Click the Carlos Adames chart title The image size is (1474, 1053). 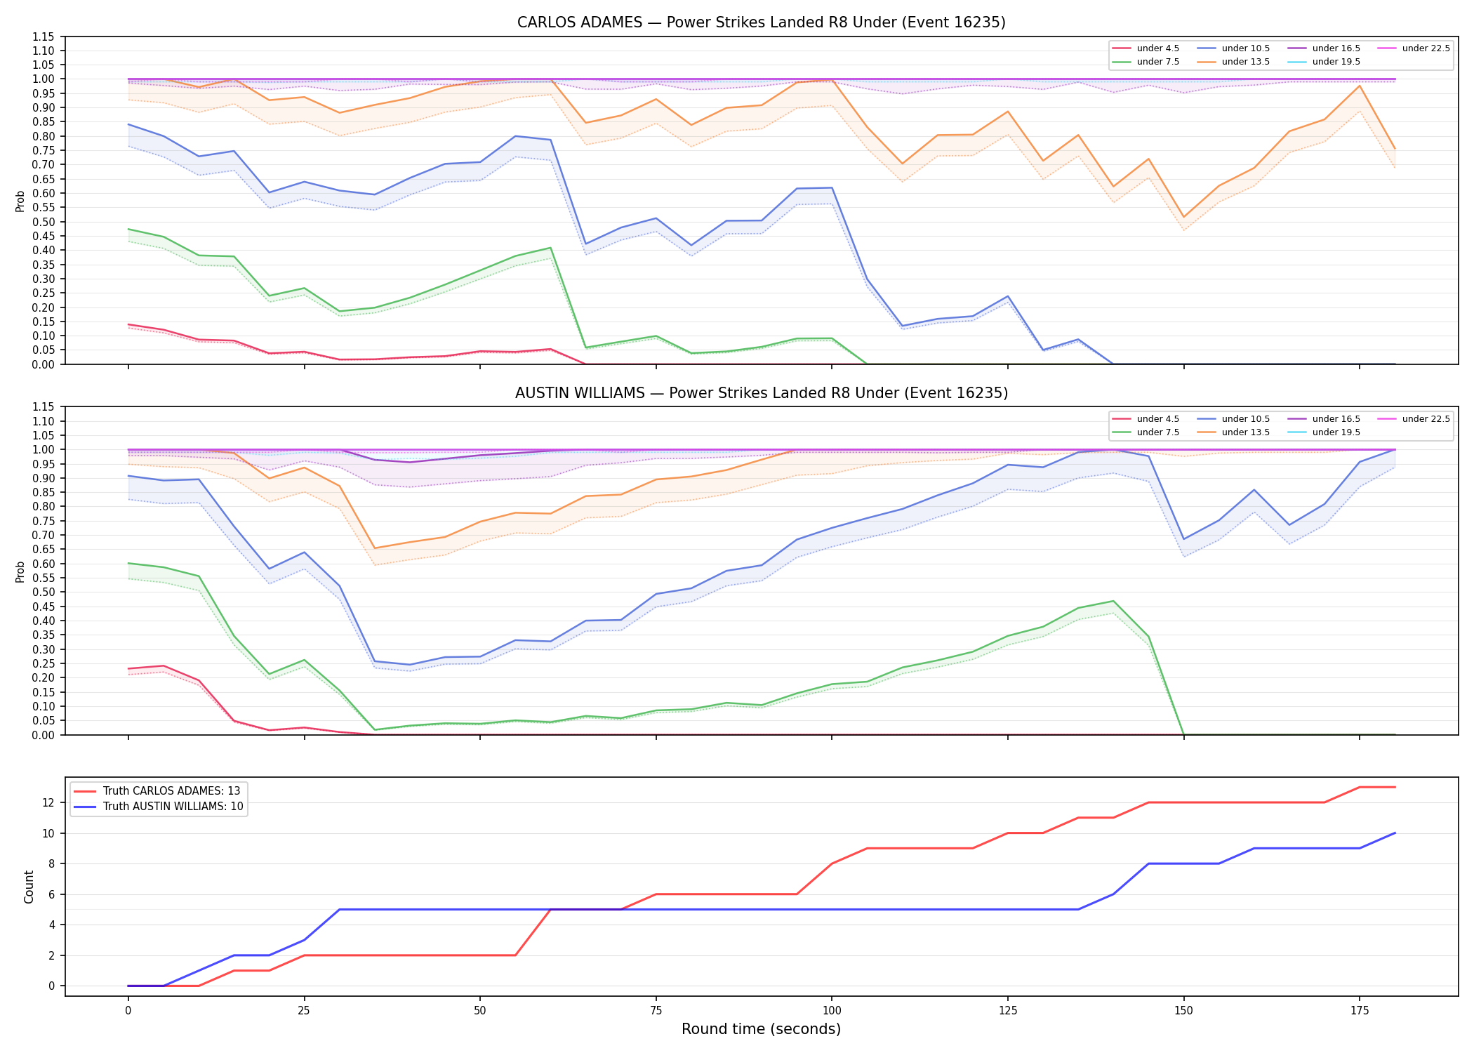(761, 22)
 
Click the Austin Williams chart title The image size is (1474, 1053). (761, 393)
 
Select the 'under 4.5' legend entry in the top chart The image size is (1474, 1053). (1146, 48)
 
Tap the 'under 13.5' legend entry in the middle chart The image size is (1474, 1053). (1233, 432)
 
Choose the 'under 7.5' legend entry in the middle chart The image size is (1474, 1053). (1146, 432)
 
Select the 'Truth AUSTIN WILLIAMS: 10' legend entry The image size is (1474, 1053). (159, 807)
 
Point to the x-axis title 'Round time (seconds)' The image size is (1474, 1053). (761, 1029)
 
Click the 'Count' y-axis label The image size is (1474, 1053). (29, 887)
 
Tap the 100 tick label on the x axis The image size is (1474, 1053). (831, 1011)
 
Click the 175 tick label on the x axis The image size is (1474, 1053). (1359, 1011)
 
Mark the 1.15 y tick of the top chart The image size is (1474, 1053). (43, 37)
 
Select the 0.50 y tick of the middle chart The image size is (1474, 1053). (43, 592)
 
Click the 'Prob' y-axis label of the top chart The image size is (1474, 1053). (20, 201)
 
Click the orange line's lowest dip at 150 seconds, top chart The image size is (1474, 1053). (1183, 217)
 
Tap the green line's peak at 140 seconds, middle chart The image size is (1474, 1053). (1113, 601)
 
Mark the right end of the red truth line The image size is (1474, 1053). (1395, 787)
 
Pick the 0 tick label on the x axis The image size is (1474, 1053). (128, 1011)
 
